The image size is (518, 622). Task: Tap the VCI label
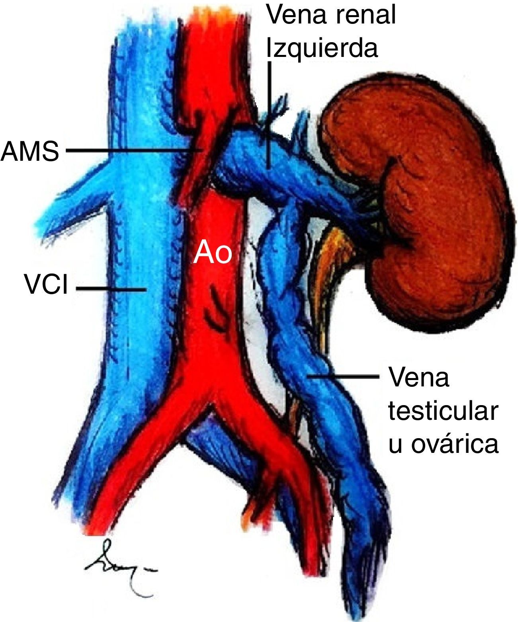point(46,286)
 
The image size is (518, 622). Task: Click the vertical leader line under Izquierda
point(270,115)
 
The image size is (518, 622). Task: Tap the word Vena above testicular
point(418,378)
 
